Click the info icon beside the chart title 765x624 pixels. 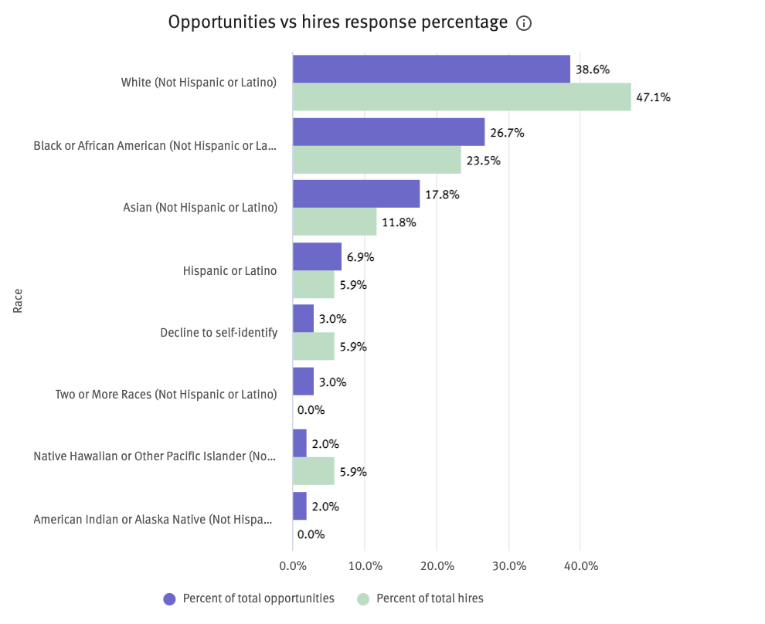(524, 24)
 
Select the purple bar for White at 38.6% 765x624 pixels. (431, 69)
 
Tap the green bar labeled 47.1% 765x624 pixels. (461, 97)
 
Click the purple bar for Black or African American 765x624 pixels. (389, 132)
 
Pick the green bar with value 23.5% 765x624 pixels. (377, 160)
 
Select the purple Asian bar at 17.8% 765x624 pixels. (356, 194)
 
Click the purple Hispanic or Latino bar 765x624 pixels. (317, 256)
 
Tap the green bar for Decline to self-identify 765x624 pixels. (314, 347)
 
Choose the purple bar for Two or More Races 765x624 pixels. (304, 382)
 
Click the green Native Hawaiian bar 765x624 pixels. (314, 471)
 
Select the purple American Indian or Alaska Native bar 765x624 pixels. (300, 506)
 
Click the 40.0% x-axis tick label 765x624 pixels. (581, 566)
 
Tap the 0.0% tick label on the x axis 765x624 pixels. (293, 566)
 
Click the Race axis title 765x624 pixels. (18, 301)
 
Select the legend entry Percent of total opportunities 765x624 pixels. (250, 599)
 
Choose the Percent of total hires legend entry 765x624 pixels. (420, 599)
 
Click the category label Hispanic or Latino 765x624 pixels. (229, 271)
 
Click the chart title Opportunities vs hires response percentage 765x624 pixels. (338, 23)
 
